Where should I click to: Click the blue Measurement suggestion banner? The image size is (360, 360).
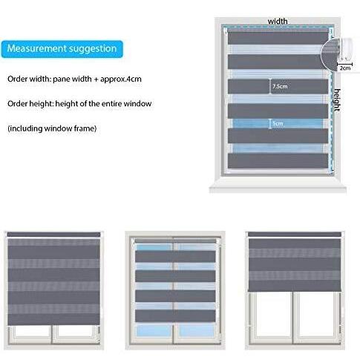tap(62, 49)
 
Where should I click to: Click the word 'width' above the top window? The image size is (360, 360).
tap(278, 22)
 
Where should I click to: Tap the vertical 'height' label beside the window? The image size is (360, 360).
tap(337, 100)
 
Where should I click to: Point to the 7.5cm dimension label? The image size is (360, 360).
tap(280, 86)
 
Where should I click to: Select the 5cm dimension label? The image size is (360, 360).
tap(278, 123)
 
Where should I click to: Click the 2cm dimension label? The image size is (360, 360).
tap(345, 68)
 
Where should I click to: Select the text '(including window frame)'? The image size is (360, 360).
tap(52, 128)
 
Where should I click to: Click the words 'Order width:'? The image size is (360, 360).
tap(29, 79)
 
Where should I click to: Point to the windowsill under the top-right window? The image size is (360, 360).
tap(278, 187)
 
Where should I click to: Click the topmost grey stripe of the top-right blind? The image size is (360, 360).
tap(278, 38)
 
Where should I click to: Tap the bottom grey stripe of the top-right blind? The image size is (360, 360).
tap(278, 161)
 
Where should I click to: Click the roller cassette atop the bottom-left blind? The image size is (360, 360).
tap(53, 235)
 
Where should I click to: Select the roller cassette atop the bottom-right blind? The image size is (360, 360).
tap(295, 235)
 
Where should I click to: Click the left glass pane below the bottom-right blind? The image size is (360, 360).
tap(273, 313)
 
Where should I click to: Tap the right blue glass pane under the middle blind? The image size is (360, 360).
tap(197, 331)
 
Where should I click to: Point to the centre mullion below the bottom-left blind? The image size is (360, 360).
tap(52, 335)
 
